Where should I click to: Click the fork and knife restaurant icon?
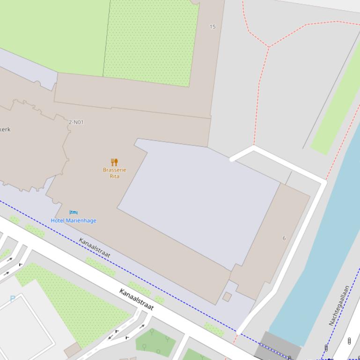point(114,162)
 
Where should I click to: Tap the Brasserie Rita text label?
point(114,173)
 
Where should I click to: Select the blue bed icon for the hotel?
point(73,213)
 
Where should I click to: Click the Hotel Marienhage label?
point(73,221)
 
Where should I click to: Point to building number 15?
point(213,27)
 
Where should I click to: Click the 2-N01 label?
point(76,122)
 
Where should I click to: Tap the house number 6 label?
point(284,238)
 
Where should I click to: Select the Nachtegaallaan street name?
point(339,305)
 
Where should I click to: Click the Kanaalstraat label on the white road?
point(136,300)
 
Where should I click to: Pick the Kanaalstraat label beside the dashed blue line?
point(95,248)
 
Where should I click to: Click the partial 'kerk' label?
point(5,130)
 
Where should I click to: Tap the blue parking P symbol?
point(13,299)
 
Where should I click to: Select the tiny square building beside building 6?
point(227,297)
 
